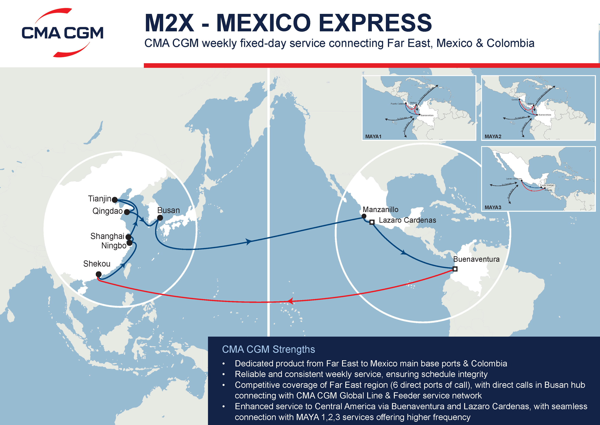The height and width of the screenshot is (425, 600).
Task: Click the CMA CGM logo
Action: pyautogui.click(x=62, y=33)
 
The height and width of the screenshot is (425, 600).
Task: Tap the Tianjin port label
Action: pyautogui.click(x=100, y=199)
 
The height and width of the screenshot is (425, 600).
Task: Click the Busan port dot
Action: pyautogui.click(x=160, y=218)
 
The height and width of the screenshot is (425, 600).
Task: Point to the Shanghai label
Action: pyautogui.click(x=107, y=236)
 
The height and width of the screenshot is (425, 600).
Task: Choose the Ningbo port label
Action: pyautogui.click(x=114, y=246)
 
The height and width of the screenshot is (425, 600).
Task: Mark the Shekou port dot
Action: pyautogui.click(x=99, y=274)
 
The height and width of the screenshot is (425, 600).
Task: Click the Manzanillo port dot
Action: pyautogui.click(x=364, y=216)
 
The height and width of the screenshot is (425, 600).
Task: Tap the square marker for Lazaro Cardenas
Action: pyautogui.click(x=372, y=222)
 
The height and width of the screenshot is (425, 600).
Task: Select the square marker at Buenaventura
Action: pyautogui.click(x=455, y=269)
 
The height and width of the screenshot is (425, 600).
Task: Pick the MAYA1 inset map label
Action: pyautogui.click(x=373, y=137)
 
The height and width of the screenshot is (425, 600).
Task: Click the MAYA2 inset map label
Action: pyautogui.click(x=493, y=137)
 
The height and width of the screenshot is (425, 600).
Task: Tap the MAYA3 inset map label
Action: pyautogui.click(x=493, y=207)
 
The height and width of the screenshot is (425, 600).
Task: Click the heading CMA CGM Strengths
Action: pyautogui.click(x=268, y=349)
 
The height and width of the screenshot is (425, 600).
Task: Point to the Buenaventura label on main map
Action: pyautogui.click(x=476, y=259)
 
